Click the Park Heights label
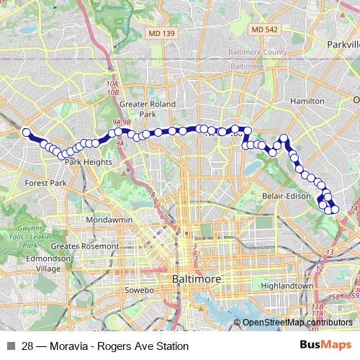tap(89, 162)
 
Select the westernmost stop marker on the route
tap(26, 132)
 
